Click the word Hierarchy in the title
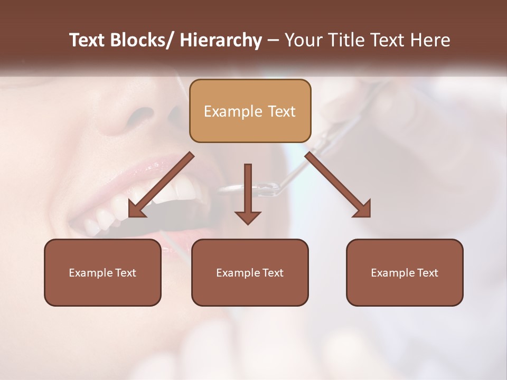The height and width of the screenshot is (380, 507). point(221,40)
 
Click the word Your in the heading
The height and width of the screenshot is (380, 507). point(304,40)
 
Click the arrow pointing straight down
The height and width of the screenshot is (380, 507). point(248,193)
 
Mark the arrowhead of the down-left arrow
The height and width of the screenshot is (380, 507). point(136,210)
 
